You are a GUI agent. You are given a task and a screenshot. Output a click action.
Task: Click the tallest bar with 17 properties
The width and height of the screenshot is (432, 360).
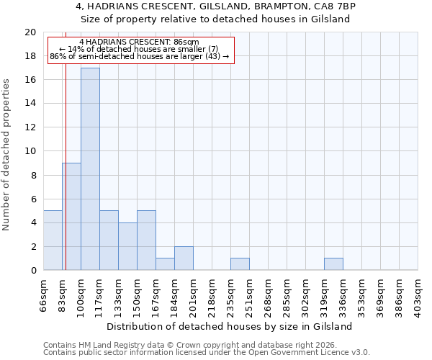click(90, 168)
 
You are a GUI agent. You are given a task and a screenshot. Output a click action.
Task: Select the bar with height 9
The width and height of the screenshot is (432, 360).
click(71, 216)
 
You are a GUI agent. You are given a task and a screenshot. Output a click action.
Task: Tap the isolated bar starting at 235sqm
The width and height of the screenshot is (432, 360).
click(240, 264)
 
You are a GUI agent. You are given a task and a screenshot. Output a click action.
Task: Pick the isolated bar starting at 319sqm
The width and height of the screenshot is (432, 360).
click(333, 264)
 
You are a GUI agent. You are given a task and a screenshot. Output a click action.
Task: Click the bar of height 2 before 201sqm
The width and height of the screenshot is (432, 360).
click(184, 258)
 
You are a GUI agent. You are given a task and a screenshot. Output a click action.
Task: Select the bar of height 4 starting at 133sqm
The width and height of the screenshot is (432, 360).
click(127, 246)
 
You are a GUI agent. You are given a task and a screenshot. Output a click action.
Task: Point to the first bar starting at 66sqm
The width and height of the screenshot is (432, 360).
click(53, 240)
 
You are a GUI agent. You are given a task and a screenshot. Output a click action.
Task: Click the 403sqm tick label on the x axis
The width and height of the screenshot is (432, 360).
click(418, 294)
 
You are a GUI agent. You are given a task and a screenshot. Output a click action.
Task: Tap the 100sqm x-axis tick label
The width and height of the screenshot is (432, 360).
click(81, 294)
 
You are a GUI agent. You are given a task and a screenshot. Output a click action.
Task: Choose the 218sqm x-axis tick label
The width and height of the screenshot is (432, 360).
click(212, 294)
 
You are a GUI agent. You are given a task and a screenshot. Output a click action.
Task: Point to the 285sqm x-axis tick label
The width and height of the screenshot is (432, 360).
click(287, 294)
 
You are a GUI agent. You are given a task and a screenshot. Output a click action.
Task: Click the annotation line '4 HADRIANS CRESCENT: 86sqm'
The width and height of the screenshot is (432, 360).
click(139, 42)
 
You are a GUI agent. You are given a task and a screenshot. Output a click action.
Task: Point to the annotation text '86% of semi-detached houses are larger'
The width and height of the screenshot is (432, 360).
click(130, 56)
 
